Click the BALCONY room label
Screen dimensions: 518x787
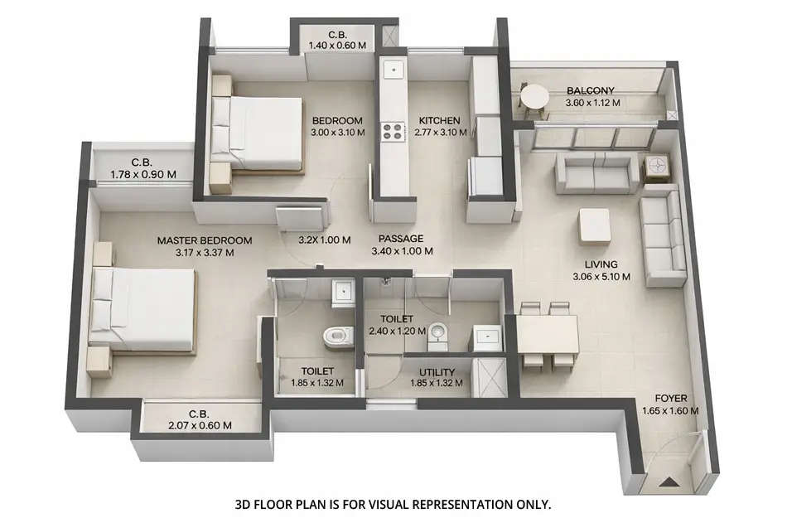point(591,91)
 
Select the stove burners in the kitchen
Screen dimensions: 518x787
point(390,130)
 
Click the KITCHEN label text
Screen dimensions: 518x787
point(438,120)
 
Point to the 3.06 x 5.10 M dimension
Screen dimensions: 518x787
point(601,278)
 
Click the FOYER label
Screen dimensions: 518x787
point(671,397)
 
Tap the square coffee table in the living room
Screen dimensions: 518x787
point(594,225)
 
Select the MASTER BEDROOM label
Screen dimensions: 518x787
point(205,241)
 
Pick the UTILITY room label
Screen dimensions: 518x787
point(437,372)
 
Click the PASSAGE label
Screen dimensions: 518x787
point(402,238)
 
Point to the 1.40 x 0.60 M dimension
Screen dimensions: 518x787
point(336,46)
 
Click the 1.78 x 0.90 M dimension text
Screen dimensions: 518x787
point(143,175)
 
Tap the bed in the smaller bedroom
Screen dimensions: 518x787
point(258,133)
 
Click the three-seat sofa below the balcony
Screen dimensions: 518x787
point(596,172)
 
